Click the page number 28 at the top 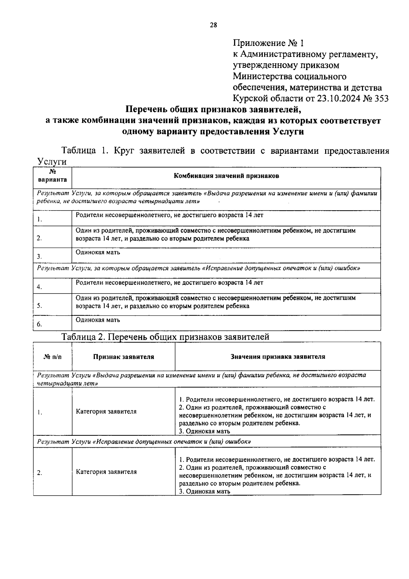[213, 25]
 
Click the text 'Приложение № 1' [268, 43]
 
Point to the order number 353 [381, 98]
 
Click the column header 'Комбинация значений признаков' [226, 176]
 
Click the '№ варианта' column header [52, 176]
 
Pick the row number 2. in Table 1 [40, 238]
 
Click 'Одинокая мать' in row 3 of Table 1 [98, 252]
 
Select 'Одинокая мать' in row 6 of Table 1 [98, 320]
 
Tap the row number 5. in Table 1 [40, 305]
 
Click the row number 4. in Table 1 [40, 287]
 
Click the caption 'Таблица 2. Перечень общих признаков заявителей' [165, 336]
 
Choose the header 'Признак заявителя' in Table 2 [123, 357]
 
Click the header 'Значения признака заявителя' [278, 357]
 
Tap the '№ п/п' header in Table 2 [53, 357]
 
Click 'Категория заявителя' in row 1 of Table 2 [106, 412]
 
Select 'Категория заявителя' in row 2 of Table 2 [106, 472]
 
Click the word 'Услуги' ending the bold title [288, 132]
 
